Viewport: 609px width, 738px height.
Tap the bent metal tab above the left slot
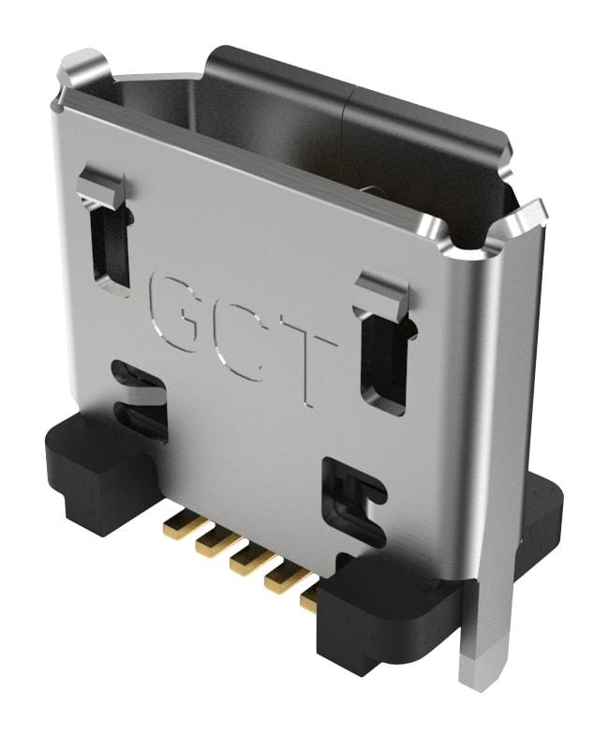(100, 187)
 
